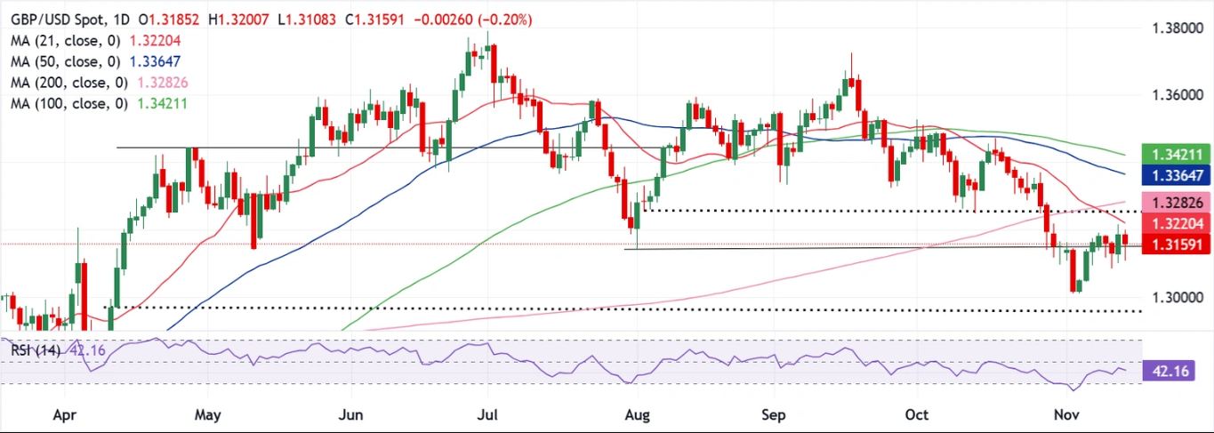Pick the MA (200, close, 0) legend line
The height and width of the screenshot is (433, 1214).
point(85,83)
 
